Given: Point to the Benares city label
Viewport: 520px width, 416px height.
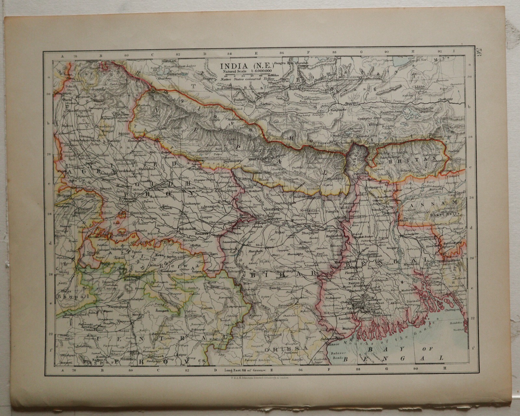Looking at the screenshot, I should (201, 233).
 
